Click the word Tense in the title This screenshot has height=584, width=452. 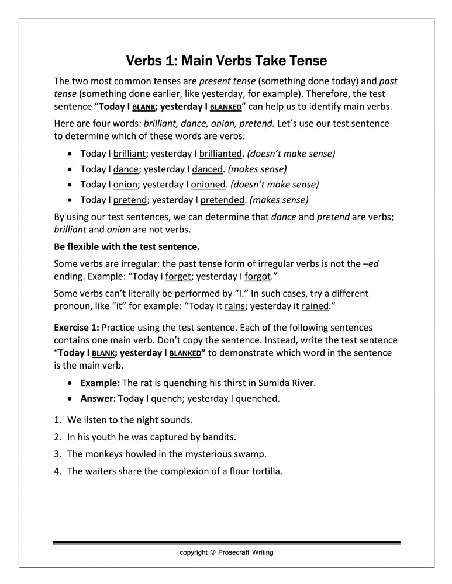tap(304, 61)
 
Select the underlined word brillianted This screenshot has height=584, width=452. tap(220, 154)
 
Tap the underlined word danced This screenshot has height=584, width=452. tap(208, 169)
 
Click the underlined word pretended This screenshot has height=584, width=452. tap(223, 200)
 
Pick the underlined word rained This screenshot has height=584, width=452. tap(315, 305)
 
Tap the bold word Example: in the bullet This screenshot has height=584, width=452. tap(100, 384)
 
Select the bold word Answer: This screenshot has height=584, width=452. tap(98, 399)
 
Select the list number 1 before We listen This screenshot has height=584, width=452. tap(57, 419)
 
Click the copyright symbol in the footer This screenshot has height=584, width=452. tap(213, 552)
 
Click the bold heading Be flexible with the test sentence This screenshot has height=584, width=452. tap(127, 246)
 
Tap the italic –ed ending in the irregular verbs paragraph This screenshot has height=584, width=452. tap(371, 264)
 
